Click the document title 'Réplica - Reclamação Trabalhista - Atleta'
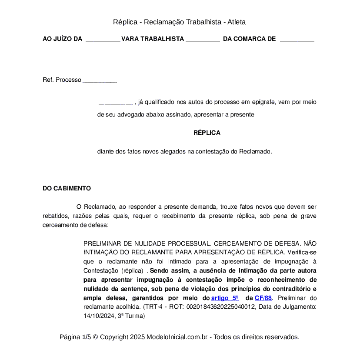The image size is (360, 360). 180,22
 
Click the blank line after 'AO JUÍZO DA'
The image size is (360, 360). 103,40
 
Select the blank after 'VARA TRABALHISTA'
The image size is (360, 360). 203,40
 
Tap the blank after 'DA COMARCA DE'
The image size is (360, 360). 297,40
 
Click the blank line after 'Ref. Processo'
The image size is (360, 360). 100,80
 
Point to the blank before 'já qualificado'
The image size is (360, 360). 116,103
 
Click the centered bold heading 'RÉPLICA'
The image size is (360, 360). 207,133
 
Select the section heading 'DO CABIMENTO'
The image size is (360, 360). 67,188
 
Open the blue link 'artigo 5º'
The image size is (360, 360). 225,298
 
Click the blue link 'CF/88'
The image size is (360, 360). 263,298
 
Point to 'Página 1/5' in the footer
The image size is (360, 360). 75,337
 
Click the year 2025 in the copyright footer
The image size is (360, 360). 137,337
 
